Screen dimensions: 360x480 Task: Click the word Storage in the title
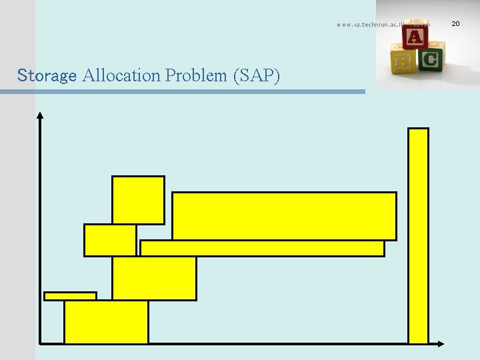47,75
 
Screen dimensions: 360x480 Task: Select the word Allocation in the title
121,75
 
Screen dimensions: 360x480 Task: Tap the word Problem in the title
197,75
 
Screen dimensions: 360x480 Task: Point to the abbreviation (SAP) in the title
257,75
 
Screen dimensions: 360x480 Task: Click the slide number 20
456,24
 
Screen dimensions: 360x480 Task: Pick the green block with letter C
430,60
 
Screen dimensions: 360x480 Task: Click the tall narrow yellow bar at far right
418,235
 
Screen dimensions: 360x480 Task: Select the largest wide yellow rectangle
284,216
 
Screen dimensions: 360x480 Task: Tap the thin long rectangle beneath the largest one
262,248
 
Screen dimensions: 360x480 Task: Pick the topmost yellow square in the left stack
138,200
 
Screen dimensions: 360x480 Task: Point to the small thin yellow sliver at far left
70,296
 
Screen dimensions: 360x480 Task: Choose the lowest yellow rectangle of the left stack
106,321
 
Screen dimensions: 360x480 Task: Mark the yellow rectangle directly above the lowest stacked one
154,278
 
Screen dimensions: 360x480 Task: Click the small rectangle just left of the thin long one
110,240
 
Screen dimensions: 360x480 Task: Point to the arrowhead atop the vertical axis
40,115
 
